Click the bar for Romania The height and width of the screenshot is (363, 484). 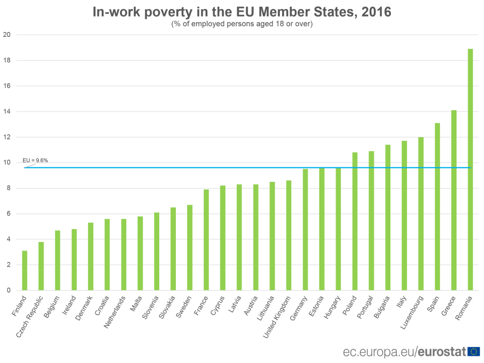[470, 170]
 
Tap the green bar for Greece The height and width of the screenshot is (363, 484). [454, 200]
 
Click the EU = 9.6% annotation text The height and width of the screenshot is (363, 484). [35, 161]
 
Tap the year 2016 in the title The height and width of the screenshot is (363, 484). [376, 12]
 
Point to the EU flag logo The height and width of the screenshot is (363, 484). [474, 351]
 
